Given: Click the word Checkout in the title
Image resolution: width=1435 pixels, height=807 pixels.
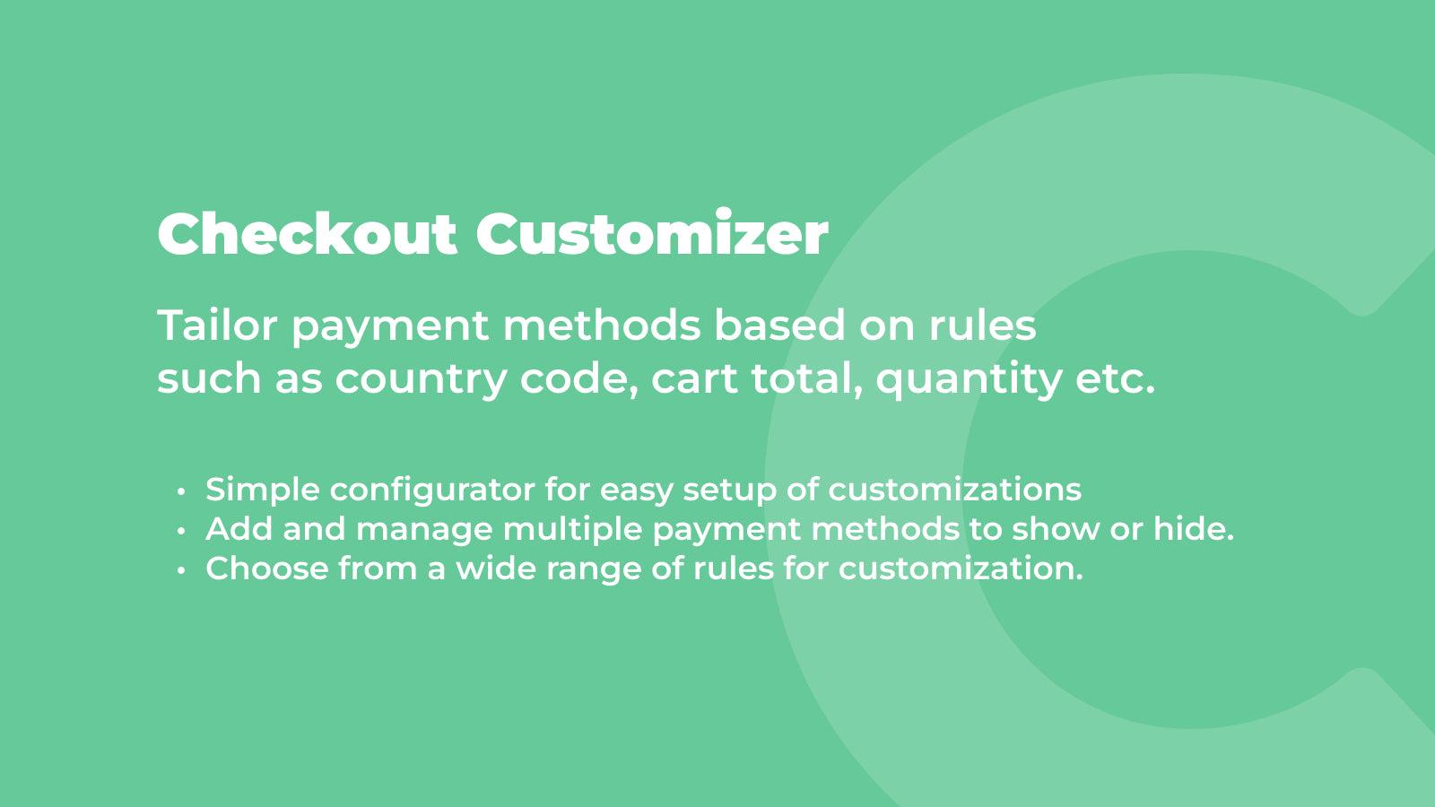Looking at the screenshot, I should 307,234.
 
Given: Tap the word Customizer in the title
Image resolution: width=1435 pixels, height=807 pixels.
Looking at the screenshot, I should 652,234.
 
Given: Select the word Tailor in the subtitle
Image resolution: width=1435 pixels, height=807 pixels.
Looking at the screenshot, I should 216,325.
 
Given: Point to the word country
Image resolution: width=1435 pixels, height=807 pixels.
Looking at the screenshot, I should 421,379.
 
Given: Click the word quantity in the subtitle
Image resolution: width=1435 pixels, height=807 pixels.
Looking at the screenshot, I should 969,379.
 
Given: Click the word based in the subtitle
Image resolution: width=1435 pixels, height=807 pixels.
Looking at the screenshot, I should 779,325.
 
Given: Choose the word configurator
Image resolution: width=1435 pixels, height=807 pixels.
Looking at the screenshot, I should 431,490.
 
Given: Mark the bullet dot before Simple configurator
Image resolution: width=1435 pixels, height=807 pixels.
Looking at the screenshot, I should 182,491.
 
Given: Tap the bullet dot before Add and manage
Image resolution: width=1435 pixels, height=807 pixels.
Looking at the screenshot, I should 182,531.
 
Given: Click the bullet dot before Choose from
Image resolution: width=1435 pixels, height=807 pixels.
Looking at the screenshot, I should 182,570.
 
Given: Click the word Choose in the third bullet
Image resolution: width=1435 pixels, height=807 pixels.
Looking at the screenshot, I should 266,568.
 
